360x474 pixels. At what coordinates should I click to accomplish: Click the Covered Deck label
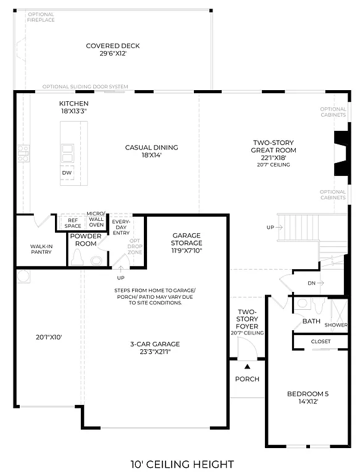(112, 50)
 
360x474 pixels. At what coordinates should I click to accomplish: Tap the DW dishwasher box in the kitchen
(67, 173)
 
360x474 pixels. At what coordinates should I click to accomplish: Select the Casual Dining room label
(151, 151)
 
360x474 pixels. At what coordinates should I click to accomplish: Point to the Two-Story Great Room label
(273, 151)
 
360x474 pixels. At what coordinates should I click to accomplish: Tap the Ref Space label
(73, 223)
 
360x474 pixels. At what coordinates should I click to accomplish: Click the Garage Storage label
(187, 243)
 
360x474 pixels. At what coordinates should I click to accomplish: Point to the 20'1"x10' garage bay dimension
(49, 338)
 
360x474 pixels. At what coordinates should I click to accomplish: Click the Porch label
(247, 379)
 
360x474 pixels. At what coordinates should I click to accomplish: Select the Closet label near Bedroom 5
(320, 341)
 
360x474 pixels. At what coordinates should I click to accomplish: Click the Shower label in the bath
(336, 325)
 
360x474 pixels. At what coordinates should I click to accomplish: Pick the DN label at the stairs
(312, 284)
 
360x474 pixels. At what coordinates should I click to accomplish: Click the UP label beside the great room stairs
(270, 228)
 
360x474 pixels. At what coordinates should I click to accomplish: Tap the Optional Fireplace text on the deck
(41, 17)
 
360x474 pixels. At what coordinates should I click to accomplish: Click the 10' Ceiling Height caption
(182, 464)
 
